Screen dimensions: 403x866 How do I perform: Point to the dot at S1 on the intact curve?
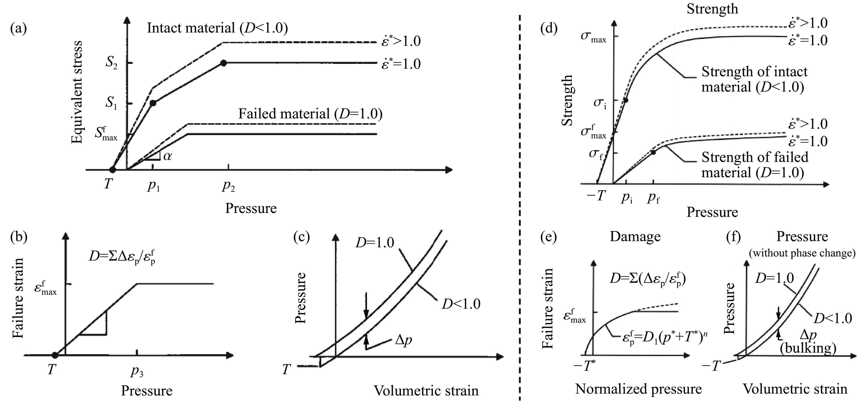click(x=153, y=103)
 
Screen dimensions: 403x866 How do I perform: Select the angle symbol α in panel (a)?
click(x=167, y=156)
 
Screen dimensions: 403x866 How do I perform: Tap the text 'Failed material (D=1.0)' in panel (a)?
click(x=310, y=114)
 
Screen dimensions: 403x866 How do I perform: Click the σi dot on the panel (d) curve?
click(x=626, y=100)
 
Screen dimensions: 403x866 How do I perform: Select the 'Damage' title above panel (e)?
click(x=635, y=236)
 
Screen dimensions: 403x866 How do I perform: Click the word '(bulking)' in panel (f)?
click(x=808, y=348)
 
